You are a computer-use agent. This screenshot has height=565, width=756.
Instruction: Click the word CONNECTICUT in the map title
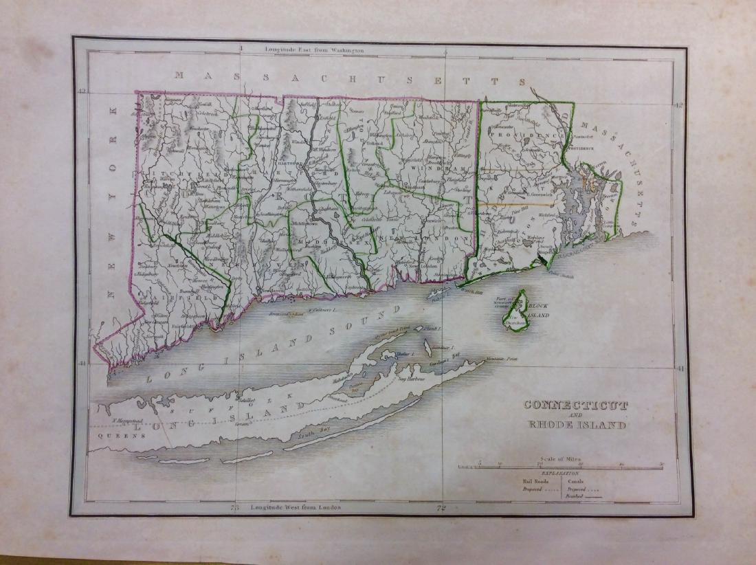pyautogui.click(x=575, y=405)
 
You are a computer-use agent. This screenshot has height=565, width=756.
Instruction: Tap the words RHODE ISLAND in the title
pyautogui.click(x=576, y=425)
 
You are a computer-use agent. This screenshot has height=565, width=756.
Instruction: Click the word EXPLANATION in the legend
pyautogui.click(x=560, y=474)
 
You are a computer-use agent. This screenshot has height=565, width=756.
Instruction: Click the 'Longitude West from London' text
pyautogui.click(x=296, y=507)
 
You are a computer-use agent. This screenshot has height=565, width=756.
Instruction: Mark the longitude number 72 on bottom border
pyautogui.click(x=443, y=509)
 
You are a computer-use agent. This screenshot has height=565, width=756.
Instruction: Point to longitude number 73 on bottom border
pyautogui.click(x=234, y=509)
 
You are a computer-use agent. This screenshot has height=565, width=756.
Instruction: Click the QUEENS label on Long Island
pyautogui.click(x=111, y=435)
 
